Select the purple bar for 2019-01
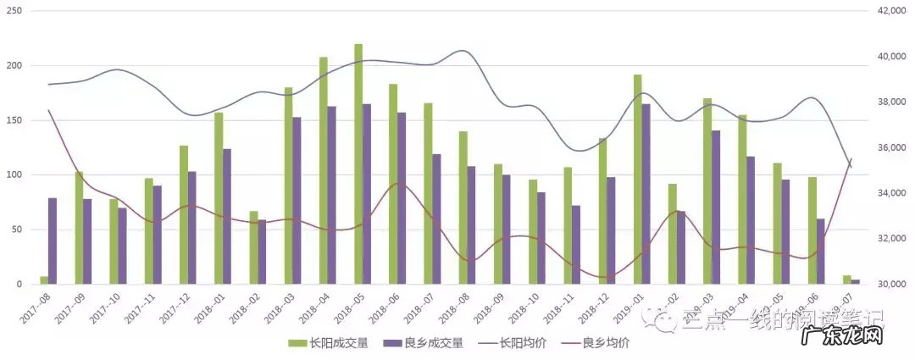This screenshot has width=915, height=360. (646, 194)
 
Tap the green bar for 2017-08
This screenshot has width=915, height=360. (44, 280)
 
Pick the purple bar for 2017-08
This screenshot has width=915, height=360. (53, 241)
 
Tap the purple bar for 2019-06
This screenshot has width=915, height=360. (820, 252)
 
